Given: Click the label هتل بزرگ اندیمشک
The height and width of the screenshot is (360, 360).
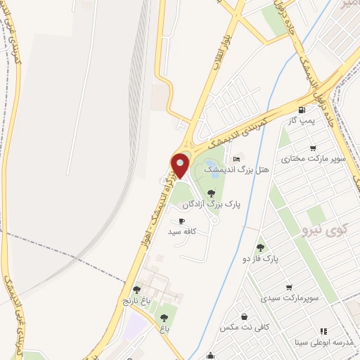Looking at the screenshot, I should click(230, 170).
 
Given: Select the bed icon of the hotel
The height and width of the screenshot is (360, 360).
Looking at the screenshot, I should click(236, 158).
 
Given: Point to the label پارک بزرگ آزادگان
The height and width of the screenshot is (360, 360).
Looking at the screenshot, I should click(212, 205).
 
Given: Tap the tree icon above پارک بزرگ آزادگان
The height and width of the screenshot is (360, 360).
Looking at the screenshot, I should click(211, 193).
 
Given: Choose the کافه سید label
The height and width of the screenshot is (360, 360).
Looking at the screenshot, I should click(181, 231).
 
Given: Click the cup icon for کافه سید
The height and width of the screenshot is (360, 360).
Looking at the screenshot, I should click(172, 221).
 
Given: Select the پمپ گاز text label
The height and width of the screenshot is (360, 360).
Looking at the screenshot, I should click(301, 121).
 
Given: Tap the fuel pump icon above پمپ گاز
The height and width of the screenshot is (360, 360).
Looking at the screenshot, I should click(302, 109).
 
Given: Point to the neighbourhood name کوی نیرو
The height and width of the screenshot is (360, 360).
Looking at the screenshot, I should click(323, 230).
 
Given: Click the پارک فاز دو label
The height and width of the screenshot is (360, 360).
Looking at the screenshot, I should click(261, 259).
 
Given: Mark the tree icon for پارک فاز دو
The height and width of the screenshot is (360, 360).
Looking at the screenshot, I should click(261, 247).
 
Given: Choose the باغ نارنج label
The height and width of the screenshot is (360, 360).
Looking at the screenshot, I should click(137, 300).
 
